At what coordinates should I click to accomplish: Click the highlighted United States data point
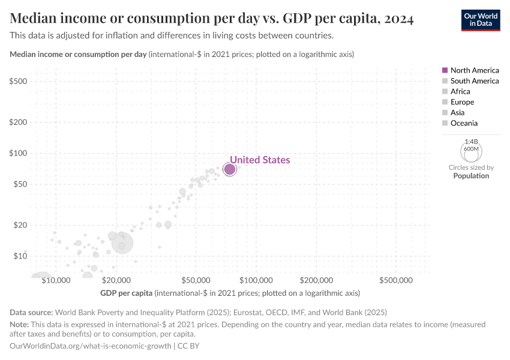coord(230,169)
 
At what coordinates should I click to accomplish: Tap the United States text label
coord(260,160)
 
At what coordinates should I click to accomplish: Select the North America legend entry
coord(474,70)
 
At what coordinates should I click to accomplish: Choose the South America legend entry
coord(474,81)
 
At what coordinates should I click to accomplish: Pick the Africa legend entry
coord(460,91)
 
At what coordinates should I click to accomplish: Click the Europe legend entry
coord(462,102)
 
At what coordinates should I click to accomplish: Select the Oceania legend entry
coord(464,123)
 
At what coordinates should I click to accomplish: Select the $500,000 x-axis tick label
coord(395,280)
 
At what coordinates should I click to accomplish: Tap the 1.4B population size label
coord(470,142)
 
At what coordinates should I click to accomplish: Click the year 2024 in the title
coord(395,19)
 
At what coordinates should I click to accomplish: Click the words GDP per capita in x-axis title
coord(126,293)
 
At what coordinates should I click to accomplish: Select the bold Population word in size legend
coord(471,176)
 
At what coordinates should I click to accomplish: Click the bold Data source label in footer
coord(31,312)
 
